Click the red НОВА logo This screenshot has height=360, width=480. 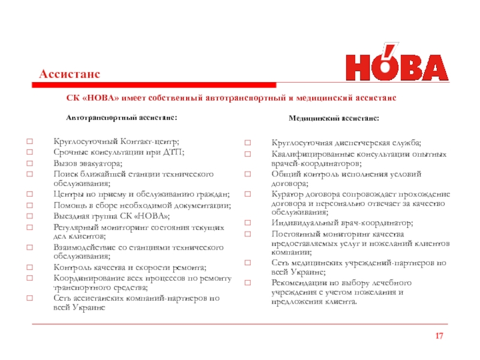click(395, 62)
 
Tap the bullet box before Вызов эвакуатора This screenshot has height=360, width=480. click(28, 164)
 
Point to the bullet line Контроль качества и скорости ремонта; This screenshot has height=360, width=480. click(130, 267)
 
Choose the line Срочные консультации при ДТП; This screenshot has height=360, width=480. click(119, 153)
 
